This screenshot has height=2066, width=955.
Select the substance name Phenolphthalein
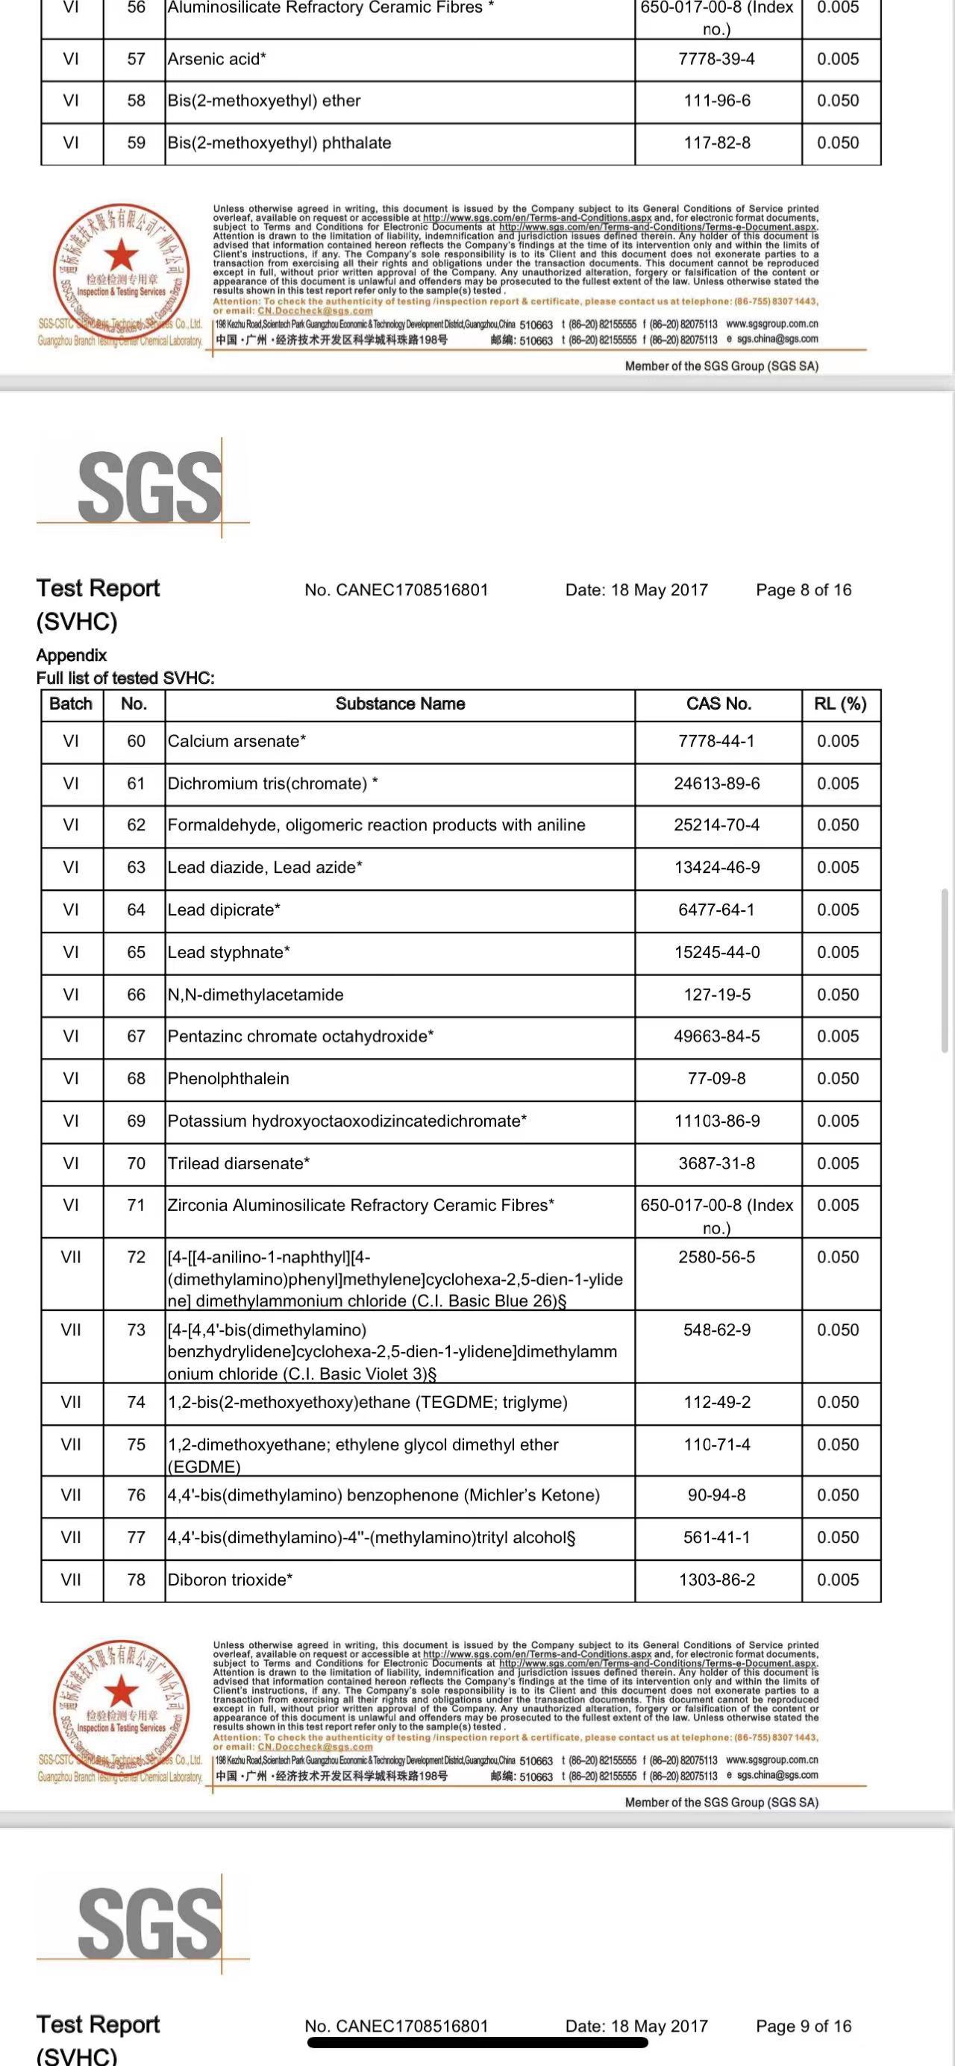pos(228,1079)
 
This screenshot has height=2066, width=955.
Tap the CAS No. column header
pos(718,704)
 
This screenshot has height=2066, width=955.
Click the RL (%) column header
pos(839,704)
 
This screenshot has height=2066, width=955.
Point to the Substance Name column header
pos(399,704)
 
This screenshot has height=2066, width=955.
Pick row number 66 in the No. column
pos(137,995)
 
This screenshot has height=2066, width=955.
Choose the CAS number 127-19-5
pos(717,995)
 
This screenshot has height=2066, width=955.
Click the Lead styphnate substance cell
pos(228,953)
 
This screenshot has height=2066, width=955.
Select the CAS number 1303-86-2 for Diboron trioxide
pos(717,1580)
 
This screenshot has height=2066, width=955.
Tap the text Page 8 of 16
pos(803,590)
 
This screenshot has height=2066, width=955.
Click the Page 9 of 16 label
pos(803,2026)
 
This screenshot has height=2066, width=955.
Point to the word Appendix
pos(72,655)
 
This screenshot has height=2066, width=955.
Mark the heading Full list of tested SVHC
pos(125,678)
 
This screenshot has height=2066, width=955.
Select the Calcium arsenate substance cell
pos(237,742)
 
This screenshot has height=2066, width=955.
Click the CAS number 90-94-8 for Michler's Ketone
pos(717,1495)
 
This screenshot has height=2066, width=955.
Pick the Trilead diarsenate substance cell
pos(238,1164)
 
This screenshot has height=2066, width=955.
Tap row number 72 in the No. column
pos(137,1257)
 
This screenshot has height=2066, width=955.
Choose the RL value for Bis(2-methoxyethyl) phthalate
pos(837,143)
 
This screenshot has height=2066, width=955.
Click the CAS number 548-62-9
pos(717,1330)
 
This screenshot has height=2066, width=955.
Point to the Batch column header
pos(71,704)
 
